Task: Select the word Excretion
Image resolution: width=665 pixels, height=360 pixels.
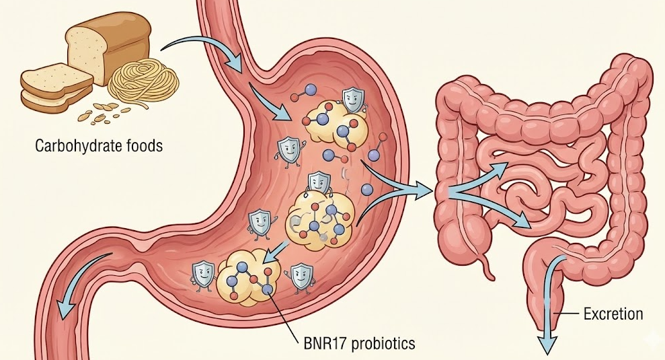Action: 613,314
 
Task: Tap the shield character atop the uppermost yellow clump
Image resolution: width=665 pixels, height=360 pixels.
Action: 352,100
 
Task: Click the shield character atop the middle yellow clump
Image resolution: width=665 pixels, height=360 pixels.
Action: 318,183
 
